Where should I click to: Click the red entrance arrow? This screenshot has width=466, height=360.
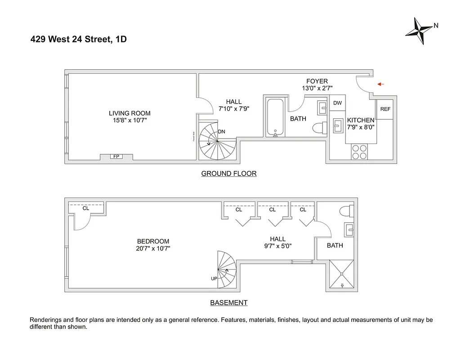point(380,84)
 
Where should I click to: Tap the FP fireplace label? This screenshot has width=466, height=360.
point(116,157)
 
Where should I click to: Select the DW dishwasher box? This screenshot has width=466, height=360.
point(337,103)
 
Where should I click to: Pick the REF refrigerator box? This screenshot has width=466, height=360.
point(385,109)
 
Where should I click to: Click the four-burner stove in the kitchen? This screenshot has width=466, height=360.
point(360,152)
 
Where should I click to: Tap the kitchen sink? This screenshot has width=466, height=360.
point(337,126)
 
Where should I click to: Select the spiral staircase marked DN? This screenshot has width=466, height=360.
point(217,141)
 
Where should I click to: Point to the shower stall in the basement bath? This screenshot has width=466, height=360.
point(342,274)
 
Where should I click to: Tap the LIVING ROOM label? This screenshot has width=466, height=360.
point(130,113)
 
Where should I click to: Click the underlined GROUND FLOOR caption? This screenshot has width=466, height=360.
point(229,174)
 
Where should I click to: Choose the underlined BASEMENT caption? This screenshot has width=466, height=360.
point(229,303)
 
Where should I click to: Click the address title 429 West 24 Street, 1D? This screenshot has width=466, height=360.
point(79,40)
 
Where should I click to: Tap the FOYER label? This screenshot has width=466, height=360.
point(317,81)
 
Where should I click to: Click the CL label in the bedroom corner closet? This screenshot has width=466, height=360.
point(86,208)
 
